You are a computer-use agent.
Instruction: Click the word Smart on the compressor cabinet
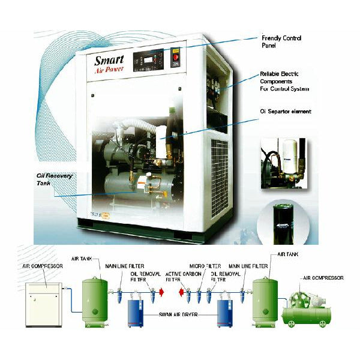click(x=109, y=61)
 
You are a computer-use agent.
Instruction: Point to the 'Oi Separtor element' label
click(x=285, y=112)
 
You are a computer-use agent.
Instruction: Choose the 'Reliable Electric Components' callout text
click(x=284, y=81)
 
